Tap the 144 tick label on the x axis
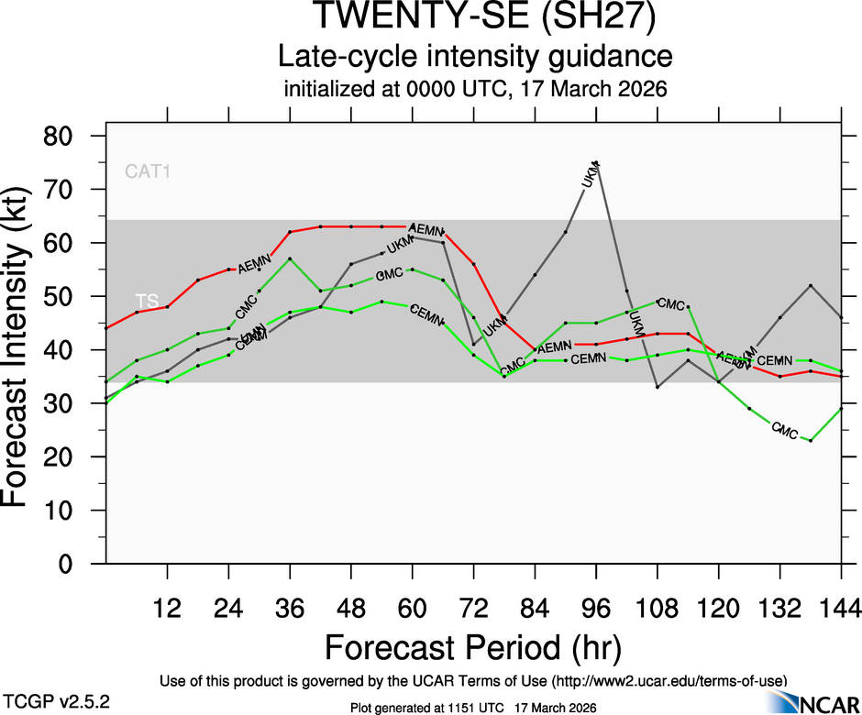[841, 607]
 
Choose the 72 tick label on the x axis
[473, 607]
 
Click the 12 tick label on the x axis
[167, 607]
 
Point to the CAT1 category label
[149, 170]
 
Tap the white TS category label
[147, 301]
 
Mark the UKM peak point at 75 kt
[597, 163]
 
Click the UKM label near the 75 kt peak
[592, 174]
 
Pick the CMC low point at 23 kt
[811, 441]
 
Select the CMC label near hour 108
[671, 304]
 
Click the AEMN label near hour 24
[254, 268]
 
